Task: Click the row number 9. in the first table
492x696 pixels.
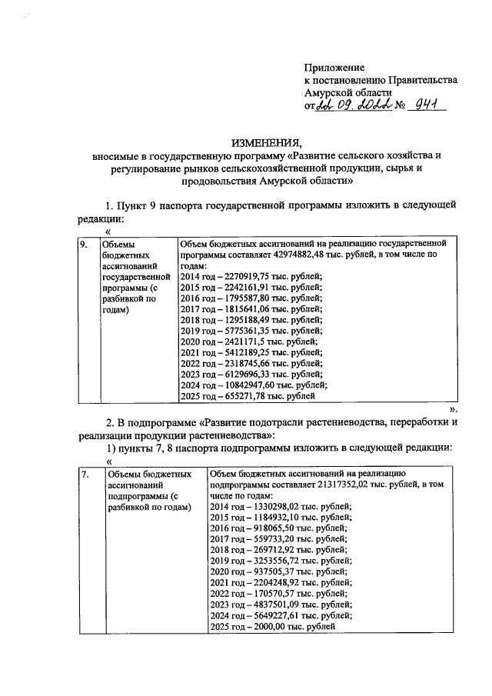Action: tap(85, 245)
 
